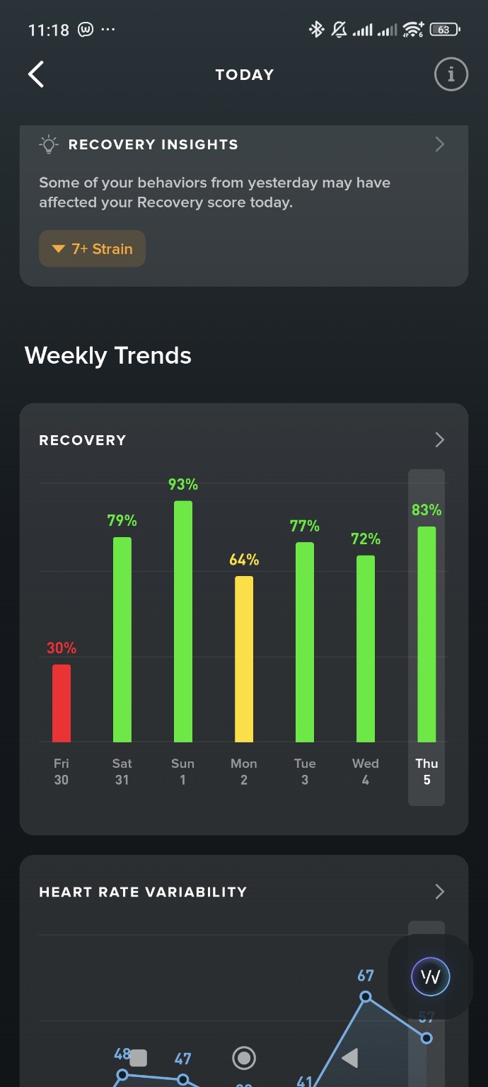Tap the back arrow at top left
tap(36, 74)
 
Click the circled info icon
tap(451, 74)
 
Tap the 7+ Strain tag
tap(93, 249)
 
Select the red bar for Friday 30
tap(62, 703)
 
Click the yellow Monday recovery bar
tap(244, 659)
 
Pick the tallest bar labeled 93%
tap(183, 621)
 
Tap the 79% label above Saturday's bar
tap(122, 521)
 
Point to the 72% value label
tap(366, 539)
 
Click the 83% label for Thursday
tap(426, 510)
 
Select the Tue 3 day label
tap(305, 771)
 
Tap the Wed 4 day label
tap(366, 771)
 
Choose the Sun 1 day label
tap(183, 771)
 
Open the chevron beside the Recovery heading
tap(440, 440)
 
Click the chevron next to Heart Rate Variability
tap(440, 892)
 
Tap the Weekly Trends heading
tap(108, 355)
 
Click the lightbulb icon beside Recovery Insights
tap(48, 145)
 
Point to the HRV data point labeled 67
tap(366, 996)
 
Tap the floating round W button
tap(431, 977)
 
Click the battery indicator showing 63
tap(444, 30)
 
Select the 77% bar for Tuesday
tap(305, 642)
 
